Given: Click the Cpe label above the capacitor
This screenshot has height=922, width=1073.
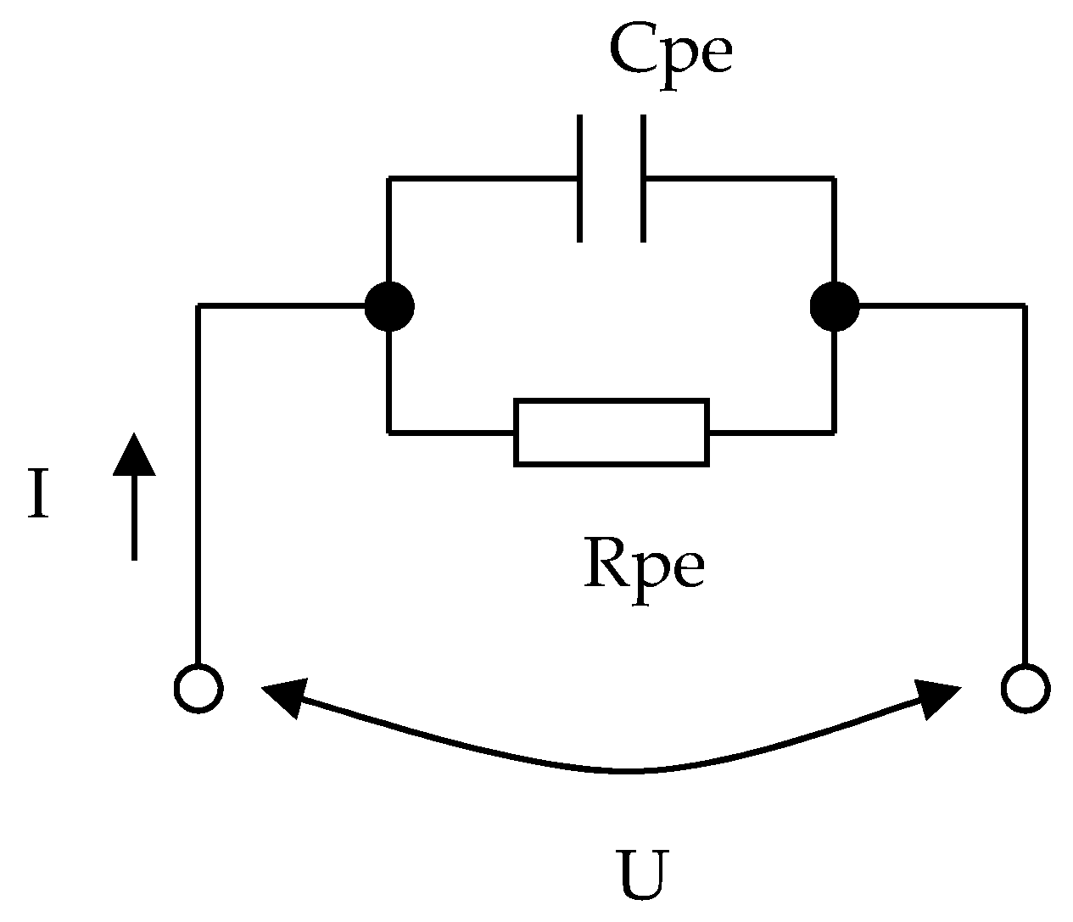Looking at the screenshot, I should click(670, 53).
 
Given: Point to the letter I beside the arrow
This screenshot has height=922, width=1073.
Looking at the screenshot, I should click(36, 495).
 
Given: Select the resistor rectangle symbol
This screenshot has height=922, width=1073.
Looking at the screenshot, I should click(612, 433).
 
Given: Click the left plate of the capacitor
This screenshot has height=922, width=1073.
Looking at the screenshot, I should click(580, 179).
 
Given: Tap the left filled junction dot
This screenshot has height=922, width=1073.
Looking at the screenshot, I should click(389, 306).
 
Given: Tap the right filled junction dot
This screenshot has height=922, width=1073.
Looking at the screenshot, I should click(835, 306).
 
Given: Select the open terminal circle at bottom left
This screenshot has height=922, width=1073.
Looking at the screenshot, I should click(198, 687).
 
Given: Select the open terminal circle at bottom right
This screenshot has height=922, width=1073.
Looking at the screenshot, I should click(1025, 687).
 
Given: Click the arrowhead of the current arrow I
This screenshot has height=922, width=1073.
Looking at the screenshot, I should click(134, 454).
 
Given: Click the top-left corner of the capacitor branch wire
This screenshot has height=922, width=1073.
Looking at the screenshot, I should click(389, 179).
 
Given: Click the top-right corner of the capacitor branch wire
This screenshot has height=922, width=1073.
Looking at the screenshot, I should click(835, 179).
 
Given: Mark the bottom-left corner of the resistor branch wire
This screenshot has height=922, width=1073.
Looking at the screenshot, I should click(389, 433).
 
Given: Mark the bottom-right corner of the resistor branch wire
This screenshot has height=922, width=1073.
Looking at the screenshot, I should click(835, 433).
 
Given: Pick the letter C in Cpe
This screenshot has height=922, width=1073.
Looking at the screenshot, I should click(632, 53).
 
